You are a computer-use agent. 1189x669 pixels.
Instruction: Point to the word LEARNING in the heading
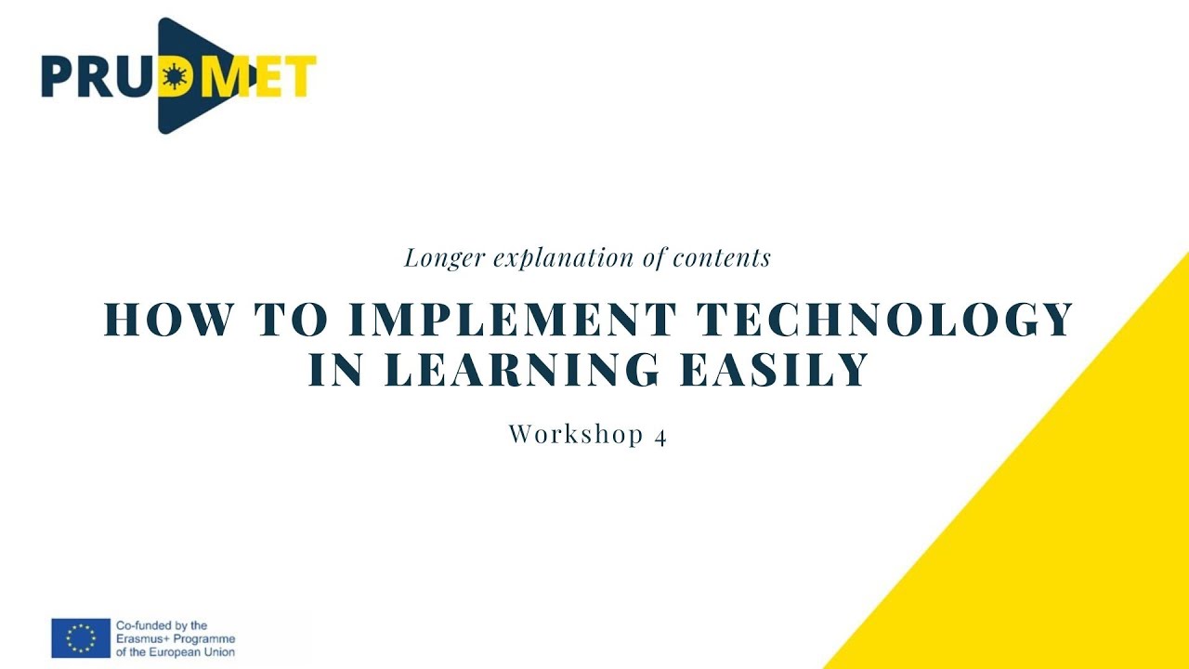coord(521,370)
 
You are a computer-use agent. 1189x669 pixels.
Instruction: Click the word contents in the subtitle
coord(722,257)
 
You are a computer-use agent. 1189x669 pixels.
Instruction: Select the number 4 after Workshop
coord(660,435)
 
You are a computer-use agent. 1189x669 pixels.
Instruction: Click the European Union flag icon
coord(81,638)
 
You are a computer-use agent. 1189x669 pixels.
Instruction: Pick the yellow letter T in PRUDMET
coord(299,76)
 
